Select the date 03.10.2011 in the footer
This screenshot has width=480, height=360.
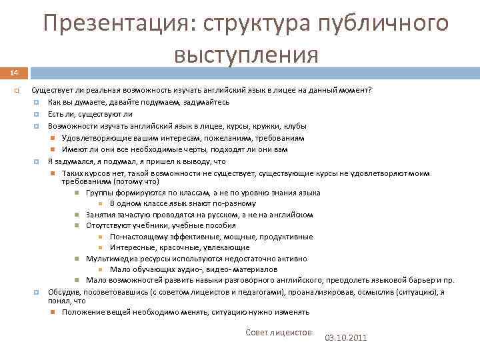345,337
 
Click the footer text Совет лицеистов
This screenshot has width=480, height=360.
279,331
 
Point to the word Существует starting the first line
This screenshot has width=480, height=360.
52,91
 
